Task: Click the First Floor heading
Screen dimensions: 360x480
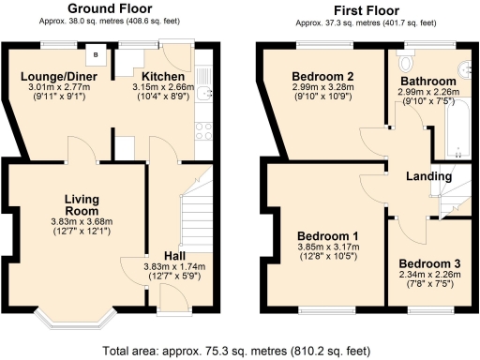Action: pos(363,7)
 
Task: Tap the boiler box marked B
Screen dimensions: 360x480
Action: pos(96,52)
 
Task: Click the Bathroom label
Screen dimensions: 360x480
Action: pos(427,81)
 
